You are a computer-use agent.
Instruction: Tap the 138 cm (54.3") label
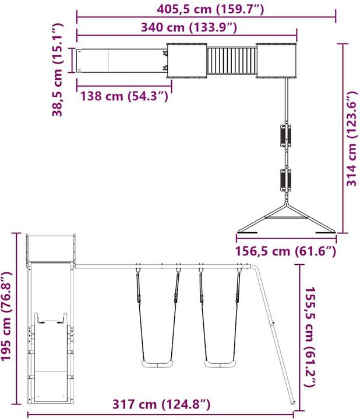coord(125,97)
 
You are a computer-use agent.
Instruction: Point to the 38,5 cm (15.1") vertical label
coord(57,70)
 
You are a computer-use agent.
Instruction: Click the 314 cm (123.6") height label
coord(352,139)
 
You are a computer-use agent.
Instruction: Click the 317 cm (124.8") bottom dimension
coord(162,404)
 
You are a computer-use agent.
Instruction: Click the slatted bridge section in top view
coord(232,61)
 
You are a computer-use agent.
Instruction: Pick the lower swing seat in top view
coord(285,179)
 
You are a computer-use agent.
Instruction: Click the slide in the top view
coord(119,61)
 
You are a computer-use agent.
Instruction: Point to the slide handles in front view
coord(49,320)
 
